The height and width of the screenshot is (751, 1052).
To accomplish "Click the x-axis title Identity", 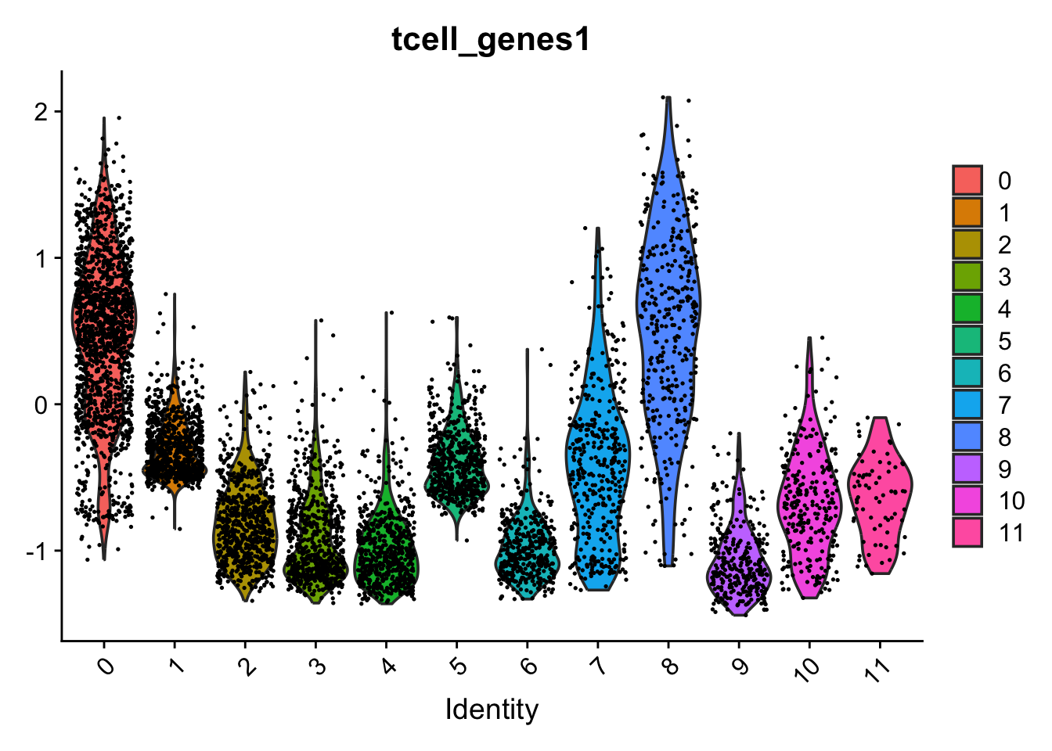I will click(492, 710).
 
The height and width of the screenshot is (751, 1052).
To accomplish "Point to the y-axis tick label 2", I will click(40, 111).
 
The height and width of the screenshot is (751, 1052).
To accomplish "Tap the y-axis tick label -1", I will click(36, 551).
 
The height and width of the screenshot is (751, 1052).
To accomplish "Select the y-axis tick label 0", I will click(40, 404).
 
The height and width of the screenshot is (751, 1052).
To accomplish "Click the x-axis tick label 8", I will click(668, 667).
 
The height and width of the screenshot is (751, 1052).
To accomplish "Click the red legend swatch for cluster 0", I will click(967, 181).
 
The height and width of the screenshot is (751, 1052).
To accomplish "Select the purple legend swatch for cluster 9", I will click(967, 469).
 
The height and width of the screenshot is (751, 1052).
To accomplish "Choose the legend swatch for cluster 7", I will click(967, 404).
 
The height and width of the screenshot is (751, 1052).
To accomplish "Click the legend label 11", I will click(1011, 533).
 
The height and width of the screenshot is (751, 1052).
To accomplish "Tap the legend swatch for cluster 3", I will click(967, 277).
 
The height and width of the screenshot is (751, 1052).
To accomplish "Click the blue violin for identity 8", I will click(668, 313).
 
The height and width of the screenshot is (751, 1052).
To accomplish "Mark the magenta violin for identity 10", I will click(809, 501).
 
